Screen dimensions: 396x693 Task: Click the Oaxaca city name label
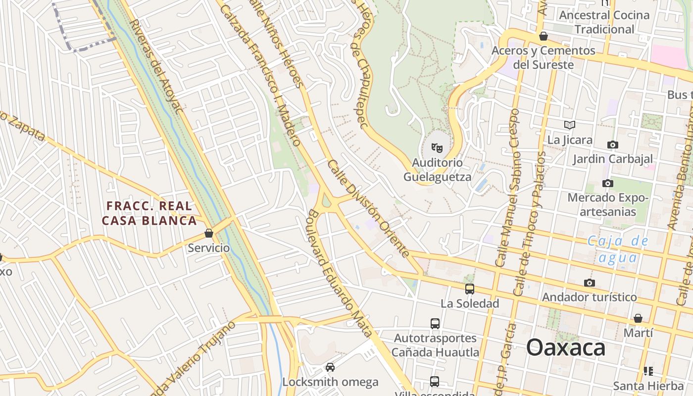[x=566, y=347]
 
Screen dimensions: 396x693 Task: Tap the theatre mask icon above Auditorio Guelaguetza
[x=437, y=148]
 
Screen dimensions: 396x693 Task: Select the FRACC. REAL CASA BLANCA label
[x=149, y=213]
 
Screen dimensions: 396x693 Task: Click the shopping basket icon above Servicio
[x=209, y=233]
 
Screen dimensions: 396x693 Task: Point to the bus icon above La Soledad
[x=469, y=289]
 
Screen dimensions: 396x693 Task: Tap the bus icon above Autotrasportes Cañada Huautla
[x=435, y=324]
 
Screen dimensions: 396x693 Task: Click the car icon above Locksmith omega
[x=330, y=367]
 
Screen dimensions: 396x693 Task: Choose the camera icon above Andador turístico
[x=589, y=283]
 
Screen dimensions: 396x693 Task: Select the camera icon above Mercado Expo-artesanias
[x=608, y=184]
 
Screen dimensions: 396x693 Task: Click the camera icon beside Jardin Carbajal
[x=613, y=145]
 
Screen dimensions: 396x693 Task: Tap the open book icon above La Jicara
[x=570, y=125]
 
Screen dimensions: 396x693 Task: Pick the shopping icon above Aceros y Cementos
[x=544, y=36]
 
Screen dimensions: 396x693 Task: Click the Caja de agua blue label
[x=617, y=249]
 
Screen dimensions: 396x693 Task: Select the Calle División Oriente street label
[x=368, y=208]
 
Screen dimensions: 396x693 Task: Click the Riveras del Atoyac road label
[x=154, y=66]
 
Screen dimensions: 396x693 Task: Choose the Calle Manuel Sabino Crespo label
[x=508, y=188]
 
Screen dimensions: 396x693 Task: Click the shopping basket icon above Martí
[x=638, y=318]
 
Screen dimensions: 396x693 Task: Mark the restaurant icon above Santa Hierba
[x=648, y=371]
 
